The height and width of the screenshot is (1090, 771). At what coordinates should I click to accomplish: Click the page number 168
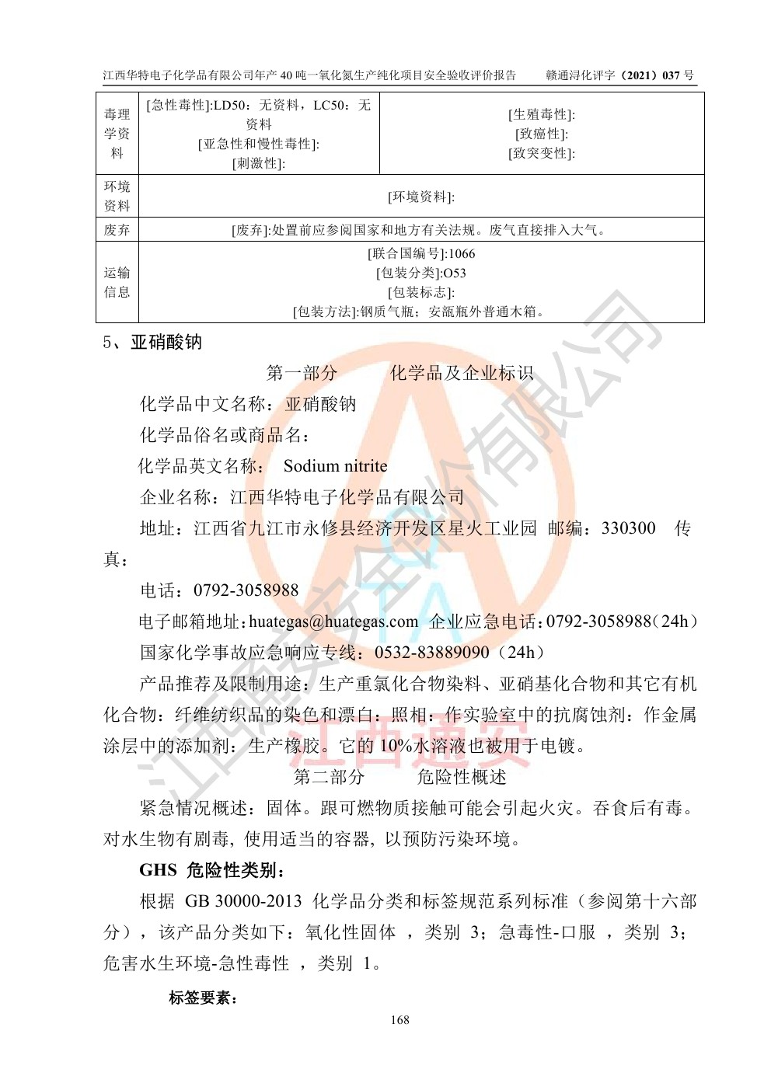[x=400, y=1019]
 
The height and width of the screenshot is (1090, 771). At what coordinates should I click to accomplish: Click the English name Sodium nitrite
[x=335, y=466]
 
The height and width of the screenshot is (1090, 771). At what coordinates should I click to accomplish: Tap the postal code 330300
[x=629, y=528]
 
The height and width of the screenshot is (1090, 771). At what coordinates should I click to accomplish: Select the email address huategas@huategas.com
[x=333, y=622]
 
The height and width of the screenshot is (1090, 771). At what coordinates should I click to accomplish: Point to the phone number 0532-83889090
[x=432, y=653]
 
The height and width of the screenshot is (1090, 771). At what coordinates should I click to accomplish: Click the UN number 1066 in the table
[x=462, y=253]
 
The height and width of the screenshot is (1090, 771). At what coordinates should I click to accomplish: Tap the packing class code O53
[x=454, y=273]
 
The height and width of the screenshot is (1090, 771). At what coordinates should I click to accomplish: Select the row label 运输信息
[x=117, y=282]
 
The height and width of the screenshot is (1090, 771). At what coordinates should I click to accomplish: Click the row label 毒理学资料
[x=117, y=134]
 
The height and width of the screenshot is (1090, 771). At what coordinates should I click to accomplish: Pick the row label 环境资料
[x=117, y=196]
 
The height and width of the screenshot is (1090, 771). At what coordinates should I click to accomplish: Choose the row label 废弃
[x=117, y=230]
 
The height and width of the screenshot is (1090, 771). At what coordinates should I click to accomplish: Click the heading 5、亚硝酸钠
[x=152, y=343]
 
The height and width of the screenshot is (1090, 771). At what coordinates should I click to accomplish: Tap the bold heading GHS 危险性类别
[x=207, y=870]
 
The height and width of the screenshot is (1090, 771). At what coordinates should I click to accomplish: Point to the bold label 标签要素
[x=204, y=998]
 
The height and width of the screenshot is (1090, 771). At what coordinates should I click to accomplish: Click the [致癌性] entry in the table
[x=542, y=134]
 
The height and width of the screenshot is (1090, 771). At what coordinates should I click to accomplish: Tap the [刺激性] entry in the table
[x=259, y=163]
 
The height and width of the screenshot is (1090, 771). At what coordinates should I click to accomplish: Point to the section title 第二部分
[x=329, y=777]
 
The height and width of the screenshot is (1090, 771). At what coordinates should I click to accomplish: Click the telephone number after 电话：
[x=246, y=590]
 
